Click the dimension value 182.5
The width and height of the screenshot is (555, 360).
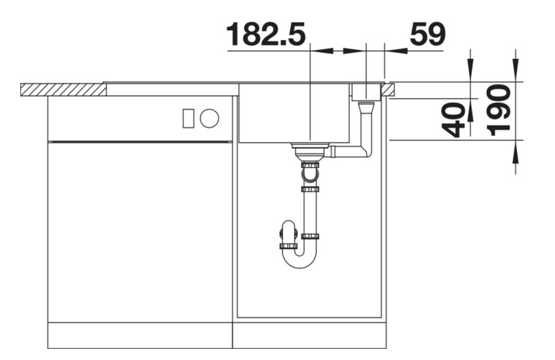[266, 34]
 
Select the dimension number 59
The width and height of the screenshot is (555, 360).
[428, 34]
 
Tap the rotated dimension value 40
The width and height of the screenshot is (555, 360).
[454, 119]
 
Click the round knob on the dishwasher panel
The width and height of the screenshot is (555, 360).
[210, 119]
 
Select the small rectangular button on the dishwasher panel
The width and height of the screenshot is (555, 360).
[188, 119]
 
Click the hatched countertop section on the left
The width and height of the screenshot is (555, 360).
[62, 89]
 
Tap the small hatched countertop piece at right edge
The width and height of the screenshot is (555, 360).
[388, 88]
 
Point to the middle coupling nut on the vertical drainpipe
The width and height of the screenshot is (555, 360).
[310, 189]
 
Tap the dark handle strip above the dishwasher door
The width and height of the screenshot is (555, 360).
[139, 141]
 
